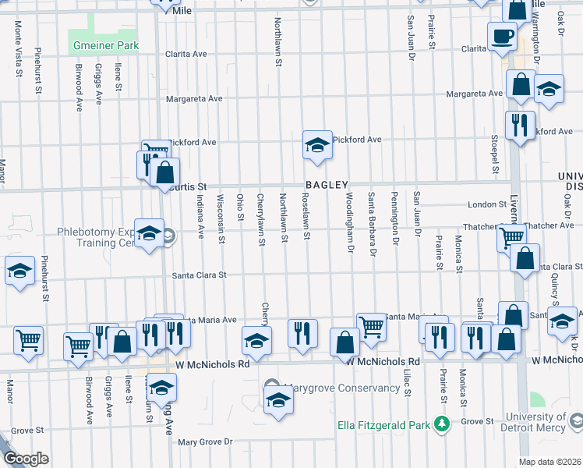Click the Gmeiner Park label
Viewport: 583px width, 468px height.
coord(105,46)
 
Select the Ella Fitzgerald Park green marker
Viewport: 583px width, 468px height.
coord(442,424)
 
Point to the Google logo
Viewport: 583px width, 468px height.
coord(25,459)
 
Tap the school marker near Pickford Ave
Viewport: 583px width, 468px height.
coord(317,144)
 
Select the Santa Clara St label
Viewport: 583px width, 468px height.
coord(199,275)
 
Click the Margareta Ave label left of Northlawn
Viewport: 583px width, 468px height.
coord(194,99)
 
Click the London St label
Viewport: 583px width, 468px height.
coord(487,204)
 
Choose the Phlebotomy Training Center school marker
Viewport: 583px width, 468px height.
coord(148,233)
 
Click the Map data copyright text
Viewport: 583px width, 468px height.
coord(550,462)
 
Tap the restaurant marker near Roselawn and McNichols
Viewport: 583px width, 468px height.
coord(302,333)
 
